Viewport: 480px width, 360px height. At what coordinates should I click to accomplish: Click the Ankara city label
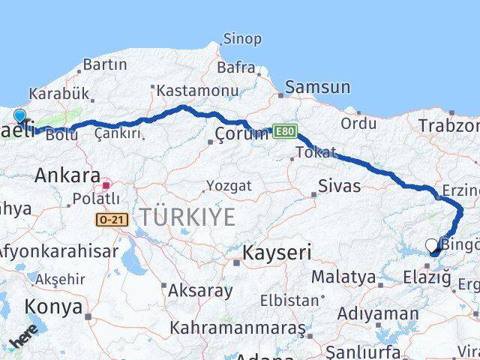click(x=67, y=176)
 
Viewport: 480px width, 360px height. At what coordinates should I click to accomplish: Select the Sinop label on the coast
click(x=241, y=38)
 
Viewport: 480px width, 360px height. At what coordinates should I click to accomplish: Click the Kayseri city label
click(x=276, y=253)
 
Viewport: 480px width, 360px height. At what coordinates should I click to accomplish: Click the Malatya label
click(x=343, y=277)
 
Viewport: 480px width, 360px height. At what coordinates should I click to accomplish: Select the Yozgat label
click(x=229, y=185)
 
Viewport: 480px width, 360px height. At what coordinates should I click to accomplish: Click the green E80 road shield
click(x=284, y=131)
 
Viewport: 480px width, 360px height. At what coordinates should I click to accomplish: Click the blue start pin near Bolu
click(x=19, y=116)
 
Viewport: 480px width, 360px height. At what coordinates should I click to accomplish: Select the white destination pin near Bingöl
click(x=431, y=244)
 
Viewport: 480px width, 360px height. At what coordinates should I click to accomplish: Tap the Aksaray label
click(x=200, y=290)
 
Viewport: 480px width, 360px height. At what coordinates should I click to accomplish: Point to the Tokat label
click(x=316, y=152)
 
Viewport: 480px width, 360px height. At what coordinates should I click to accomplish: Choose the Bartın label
click(x=104, y=64)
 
